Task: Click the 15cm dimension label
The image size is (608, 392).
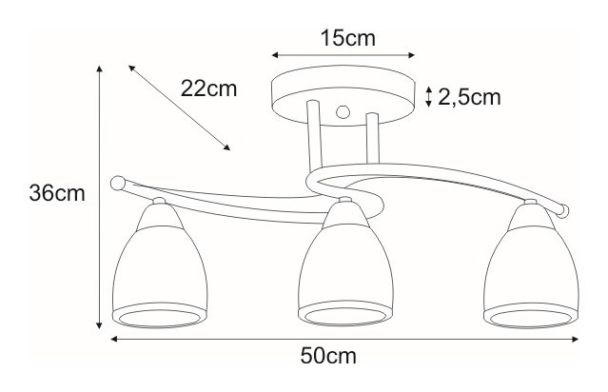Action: (344, 39)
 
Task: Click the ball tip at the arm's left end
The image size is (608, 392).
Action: (118, 181)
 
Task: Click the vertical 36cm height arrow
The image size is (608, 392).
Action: (100, 195)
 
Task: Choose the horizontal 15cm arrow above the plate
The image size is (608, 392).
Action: (343, 55)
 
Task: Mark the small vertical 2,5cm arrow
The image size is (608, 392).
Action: (429, 96)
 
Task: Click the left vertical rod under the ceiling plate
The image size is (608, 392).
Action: (314, 143)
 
